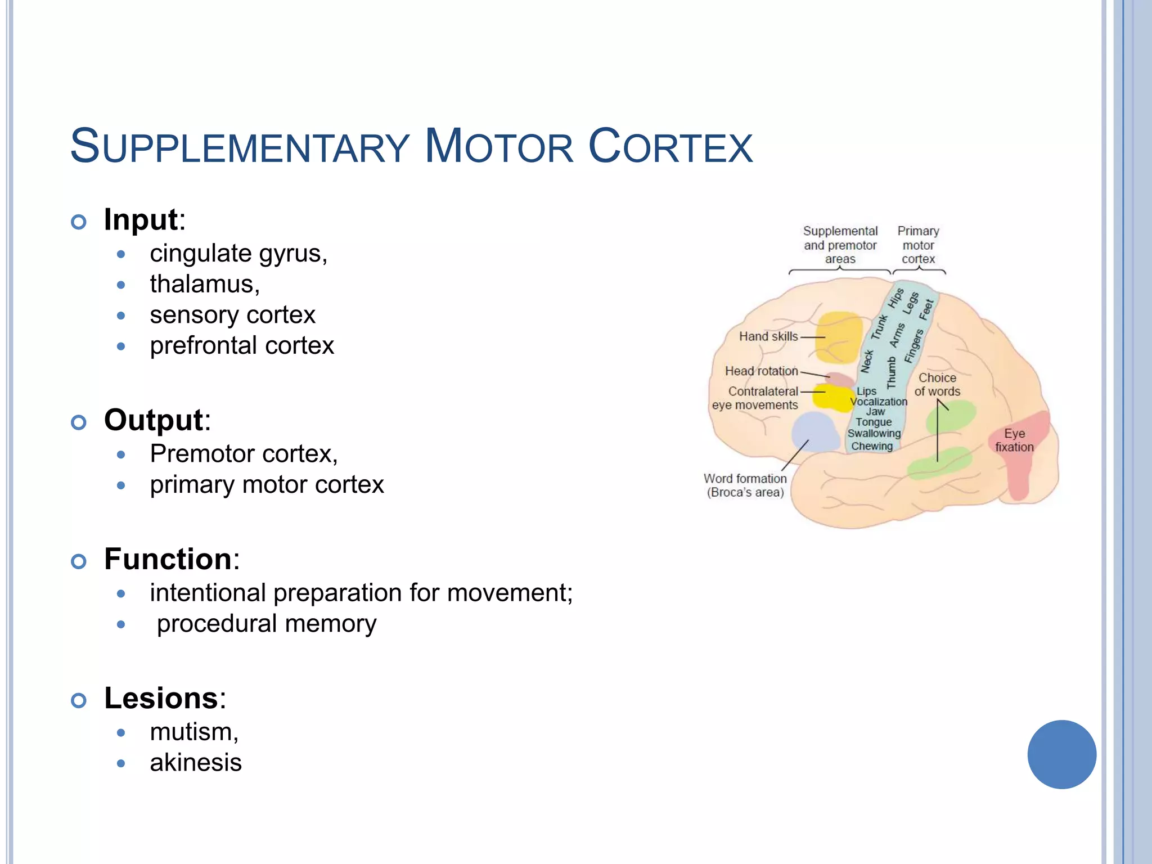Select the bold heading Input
point(141,219)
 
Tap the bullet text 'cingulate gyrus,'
point(238,254)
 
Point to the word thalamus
point(204,284)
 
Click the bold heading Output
point(154,420)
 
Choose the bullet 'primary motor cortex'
point(267,485)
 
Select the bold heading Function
point(168,559)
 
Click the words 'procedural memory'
point(267,624)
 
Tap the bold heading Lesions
point(161,698)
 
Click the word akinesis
point(196,763)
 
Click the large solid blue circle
point(1061,754)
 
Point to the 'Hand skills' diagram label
point(768,336)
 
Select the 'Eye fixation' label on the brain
point(1014,440)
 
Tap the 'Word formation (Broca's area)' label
point(745,485)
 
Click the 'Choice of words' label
point(937,385)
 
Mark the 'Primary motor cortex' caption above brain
point(918,245)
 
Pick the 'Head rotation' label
point(761,371)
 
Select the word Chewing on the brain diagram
point(872,446)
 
